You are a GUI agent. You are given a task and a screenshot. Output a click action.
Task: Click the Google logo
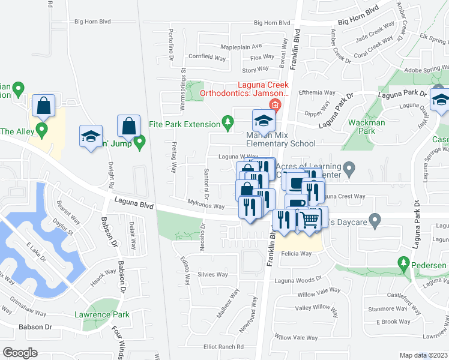20,352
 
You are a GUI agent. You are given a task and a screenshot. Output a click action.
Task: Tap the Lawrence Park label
101,314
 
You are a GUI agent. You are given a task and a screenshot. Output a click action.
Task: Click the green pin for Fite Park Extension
228,123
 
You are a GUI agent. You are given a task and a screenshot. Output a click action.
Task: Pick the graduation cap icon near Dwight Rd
91,136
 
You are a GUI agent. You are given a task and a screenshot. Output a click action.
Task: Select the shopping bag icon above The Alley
44,106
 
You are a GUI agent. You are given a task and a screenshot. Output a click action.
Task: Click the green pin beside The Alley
41,130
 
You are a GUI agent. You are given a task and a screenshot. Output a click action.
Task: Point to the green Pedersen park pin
403,263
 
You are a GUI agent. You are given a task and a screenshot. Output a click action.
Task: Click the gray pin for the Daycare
375,221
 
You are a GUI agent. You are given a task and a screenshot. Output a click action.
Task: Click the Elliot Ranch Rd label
223,347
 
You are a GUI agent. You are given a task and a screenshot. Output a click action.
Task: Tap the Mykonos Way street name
206,206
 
